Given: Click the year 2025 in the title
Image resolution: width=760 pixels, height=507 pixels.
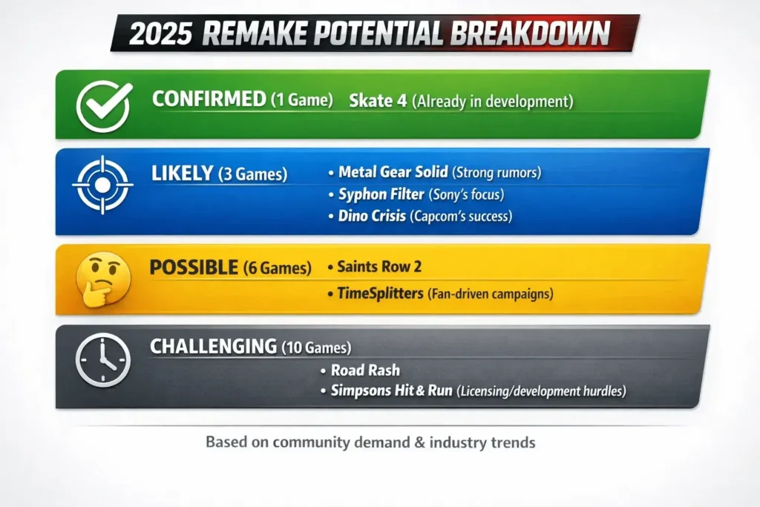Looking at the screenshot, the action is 160,34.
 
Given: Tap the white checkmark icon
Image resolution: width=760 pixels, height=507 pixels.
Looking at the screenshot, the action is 104,107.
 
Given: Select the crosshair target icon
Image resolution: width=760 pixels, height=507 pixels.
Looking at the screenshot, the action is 102,185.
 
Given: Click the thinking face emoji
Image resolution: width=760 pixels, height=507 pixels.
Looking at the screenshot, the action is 103,278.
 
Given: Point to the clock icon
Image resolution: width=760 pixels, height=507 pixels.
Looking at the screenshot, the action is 102,359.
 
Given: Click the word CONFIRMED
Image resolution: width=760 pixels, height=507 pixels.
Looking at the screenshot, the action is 209,99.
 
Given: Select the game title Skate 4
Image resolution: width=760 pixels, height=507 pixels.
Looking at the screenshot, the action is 378,101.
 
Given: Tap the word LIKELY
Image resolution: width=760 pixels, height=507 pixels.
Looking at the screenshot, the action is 183,173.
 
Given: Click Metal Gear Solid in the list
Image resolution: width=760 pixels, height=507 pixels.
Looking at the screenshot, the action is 393,172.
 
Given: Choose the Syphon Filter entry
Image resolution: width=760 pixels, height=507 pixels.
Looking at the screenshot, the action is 381,194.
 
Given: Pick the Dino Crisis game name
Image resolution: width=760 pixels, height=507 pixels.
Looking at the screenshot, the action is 372,216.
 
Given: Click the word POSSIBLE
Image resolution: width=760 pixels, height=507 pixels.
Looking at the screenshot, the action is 194,267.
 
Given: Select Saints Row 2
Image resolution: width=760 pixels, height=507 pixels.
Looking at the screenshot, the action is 379,266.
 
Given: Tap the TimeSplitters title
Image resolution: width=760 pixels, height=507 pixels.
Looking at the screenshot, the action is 381,293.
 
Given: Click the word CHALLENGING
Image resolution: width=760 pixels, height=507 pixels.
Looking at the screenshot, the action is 213,347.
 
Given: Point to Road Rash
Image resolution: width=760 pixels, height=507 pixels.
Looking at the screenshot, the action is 365,370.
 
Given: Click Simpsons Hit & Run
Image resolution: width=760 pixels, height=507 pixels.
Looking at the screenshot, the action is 392,390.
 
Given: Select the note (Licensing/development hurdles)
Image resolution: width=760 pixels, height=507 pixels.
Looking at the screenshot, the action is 541,391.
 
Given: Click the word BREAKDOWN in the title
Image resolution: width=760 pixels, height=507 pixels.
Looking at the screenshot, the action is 530,33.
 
